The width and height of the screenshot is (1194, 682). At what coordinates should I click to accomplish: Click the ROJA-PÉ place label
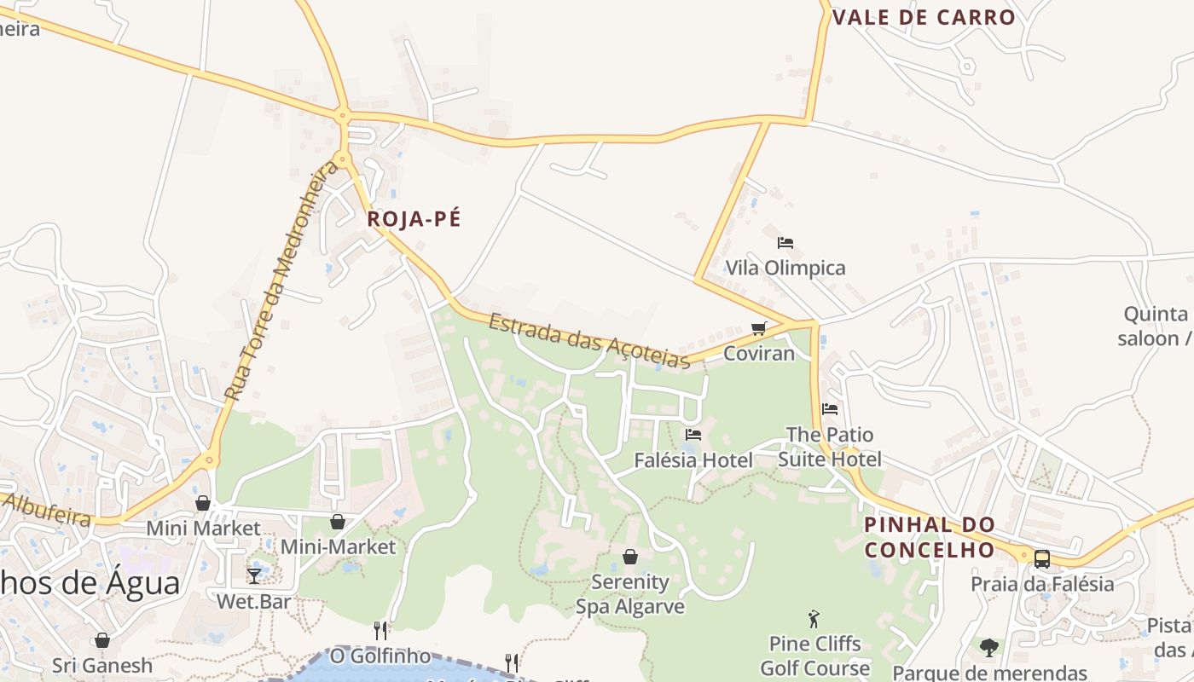414,219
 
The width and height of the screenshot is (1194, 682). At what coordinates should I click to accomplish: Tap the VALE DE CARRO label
924,18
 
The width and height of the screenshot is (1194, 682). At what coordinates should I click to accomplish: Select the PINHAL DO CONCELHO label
930,537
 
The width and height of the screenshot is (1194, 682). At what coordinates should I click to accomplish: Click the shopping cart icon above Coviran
758,329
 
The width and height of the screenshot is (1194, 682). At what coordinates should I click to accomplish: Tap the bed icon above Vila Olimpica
785,243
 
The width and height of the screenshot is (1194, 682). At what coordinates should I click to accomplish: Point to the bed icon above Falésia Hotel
693,435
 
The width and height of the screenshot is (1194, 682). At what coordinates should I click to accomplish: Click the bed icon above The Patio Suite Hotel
830,409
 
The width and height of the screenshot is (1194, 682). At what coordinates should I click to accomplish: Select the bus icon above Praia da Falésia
1041,559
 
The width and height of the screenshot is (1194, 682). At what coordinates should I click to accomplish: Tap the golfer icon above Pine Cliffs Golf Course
814,619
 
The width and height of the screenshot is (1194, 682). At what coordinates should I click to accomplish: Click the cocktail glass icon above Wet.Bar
253,575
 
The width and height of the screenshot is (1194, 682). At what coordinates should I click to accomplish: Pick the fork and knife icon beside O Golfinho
380,631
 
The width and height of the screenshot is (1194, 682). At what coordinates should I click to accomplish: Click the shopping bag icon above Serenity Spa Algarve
630,557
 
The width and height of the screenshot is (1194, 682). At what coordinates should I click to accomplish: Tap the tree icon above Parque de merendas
989,648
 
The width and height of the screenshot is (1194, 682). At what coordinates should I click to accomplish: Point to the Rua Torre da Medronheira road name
281,281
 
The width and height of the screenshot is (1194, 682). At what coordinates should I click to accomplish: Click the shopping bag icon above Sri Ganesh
102,640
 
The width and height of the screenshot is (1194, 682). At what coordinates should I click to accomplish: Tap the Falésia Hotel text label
693,461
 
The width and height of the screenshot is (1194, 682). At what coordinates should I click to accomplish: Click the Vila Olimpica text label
785,269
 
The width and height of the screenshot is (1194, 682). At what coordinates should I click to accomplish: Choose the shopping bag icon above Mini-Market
338,522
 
